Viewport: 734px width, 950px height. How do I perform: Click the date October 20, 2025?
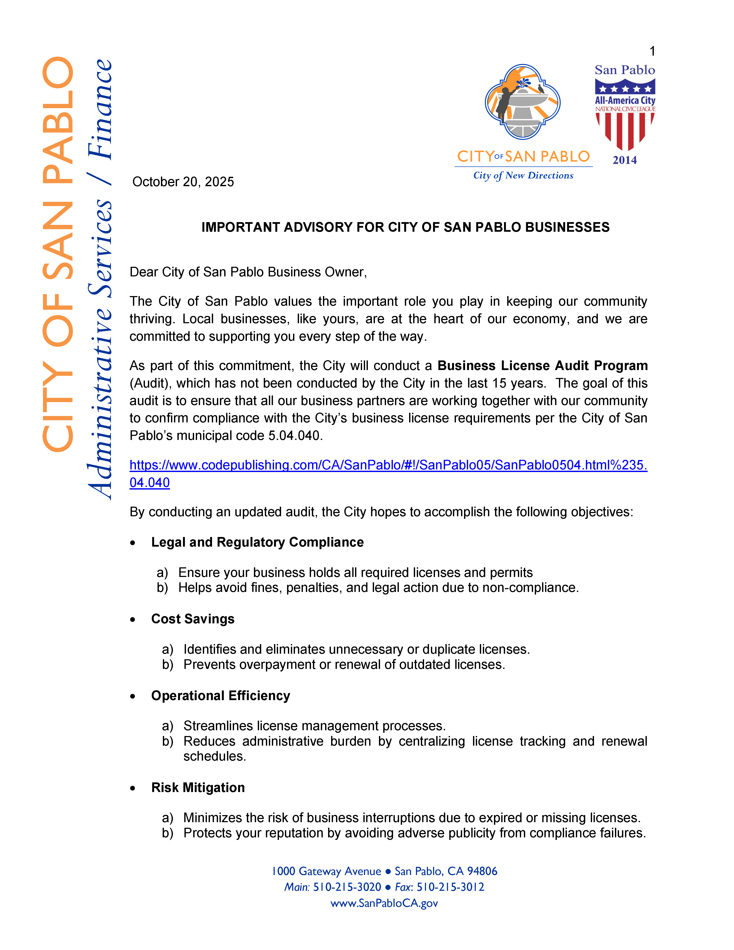coord(183,182)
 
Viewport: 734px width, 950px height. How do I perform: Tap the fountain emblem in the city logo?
coord(523,102)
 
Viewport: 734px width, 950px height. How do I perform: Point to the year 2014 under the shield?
coord(625,160)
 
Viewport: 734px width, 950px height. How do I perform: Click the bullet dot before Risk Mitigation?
coord(133,788)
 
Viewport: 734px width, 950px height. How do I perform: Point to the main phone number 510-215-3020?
coord(347,887)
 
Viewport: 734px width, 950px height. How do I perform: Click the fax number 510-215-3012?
coord(450,887)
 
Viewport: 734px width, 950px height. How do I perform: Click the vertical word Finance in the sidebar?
coord(100,109)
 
